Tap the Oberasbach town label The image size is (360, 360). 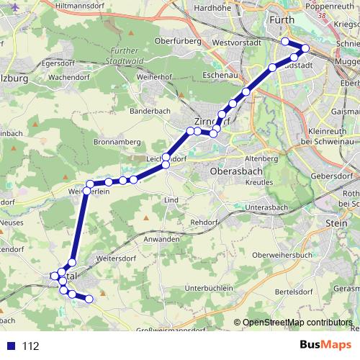click(x=236, y=173)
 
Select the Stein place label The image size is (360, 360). click(x=336, y=224)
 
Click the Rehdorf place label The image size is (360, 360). click(x=207, y=223)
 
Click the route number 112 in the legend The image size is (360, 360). click(x=30, y=346)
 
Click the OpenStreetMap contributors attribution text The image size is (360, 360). click(x=297, y=323)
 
